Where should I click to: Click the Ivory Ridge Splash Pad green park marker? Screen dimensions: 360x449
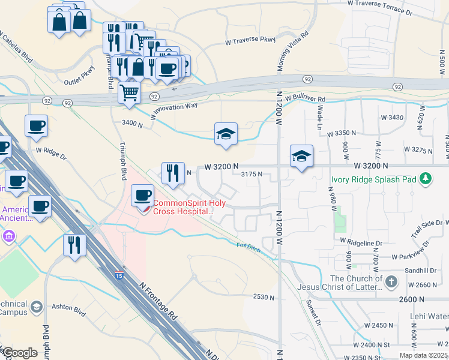pos(426,178)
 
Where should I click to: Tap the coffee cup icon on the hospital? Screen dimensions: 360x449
pos(143,196)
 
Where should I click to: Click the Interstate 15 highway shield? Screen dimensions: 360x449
pos(119,275)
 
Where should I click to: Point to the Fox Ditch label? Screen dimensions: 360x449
pos(249,247)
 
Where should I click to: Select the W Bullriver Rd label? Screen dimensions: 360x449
pos(305,98)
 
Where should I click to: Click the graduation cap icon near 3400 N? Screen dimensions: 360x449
pos(226,133)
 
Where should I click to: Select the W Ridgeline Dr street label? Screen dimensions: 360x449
pos(361,242)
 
